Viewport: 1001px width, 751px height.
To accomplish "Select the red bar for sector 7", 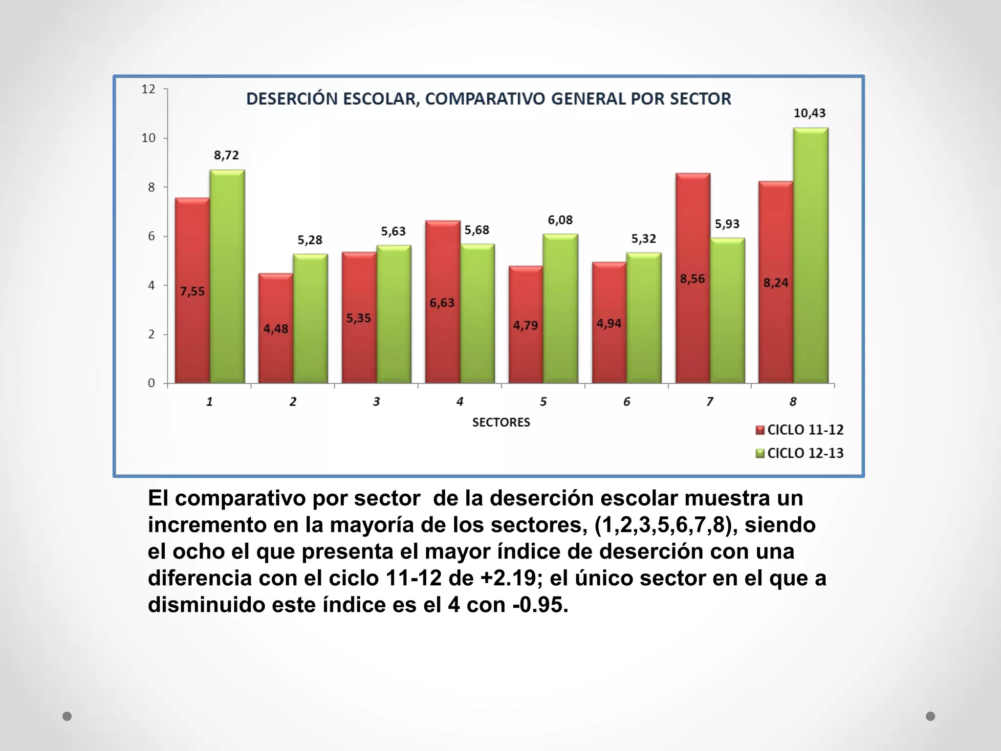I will (x=693, y=278).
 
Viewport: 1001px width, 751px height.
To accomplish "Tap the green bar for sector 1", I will (x=227, y=277).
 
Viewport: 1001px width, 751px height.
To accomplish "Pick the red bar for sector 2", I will (x=276, y=328).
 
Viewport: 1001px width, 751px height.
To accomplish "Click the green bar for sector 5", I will (x=560, y=309).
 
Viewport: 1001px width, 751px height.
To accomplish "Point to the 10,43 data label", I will (x=809, y=113).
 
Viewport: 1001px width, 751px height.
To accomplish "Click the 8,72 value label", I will (x=226, y=155).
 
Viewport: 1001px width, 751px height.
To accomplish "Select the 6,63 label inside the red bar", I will (x=442, y=303).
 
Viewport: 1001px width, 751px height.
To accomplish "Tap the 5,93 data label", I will (x=727, y=224).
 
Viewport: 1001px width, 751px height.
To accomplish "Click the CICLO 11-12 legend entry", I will (x=800, y=430).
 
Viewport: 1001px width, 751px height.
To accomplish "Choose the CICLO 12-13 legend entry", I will (x=800, y=453).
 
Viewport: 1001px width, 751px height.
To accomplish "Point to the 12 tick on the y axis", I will (x=148, y=89).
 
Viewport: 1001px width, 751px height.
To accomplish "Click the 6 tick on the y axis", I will (x=151, y=236).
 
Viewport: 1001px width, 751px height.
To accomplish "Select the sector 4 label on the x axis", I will (x=459, y=402).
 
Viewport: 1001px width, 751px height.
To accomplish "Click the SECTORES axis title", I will (x=501, y=422).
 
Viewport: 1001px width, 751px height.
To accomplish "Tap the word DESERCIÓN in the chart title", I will (x=292, y=99).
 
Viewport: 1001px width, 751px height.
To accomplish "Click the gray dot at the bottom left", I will (x=67, y=716).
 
